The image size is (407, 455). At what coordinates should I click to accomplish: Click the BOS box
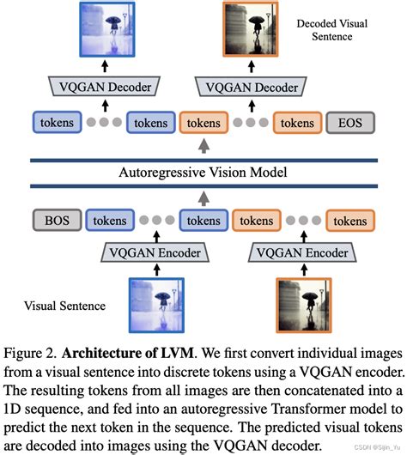click(54, 221)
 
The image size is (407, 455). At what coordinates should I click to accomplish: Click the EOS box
click(349, 123)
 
